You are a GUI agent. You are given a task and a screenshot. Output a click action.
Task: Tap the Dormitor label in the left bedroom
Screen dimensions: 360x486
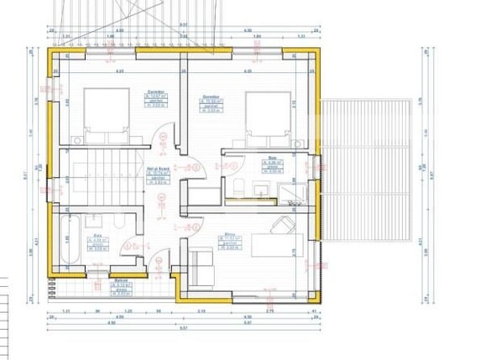click(154, 92)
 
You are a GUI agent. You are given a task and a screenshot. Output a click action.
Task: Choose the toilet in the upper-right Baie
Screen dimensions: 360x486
click(238, 185)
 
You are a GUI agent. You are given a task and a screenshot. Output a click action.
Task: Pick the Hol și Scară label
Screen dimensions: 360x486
click(155, 168)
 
